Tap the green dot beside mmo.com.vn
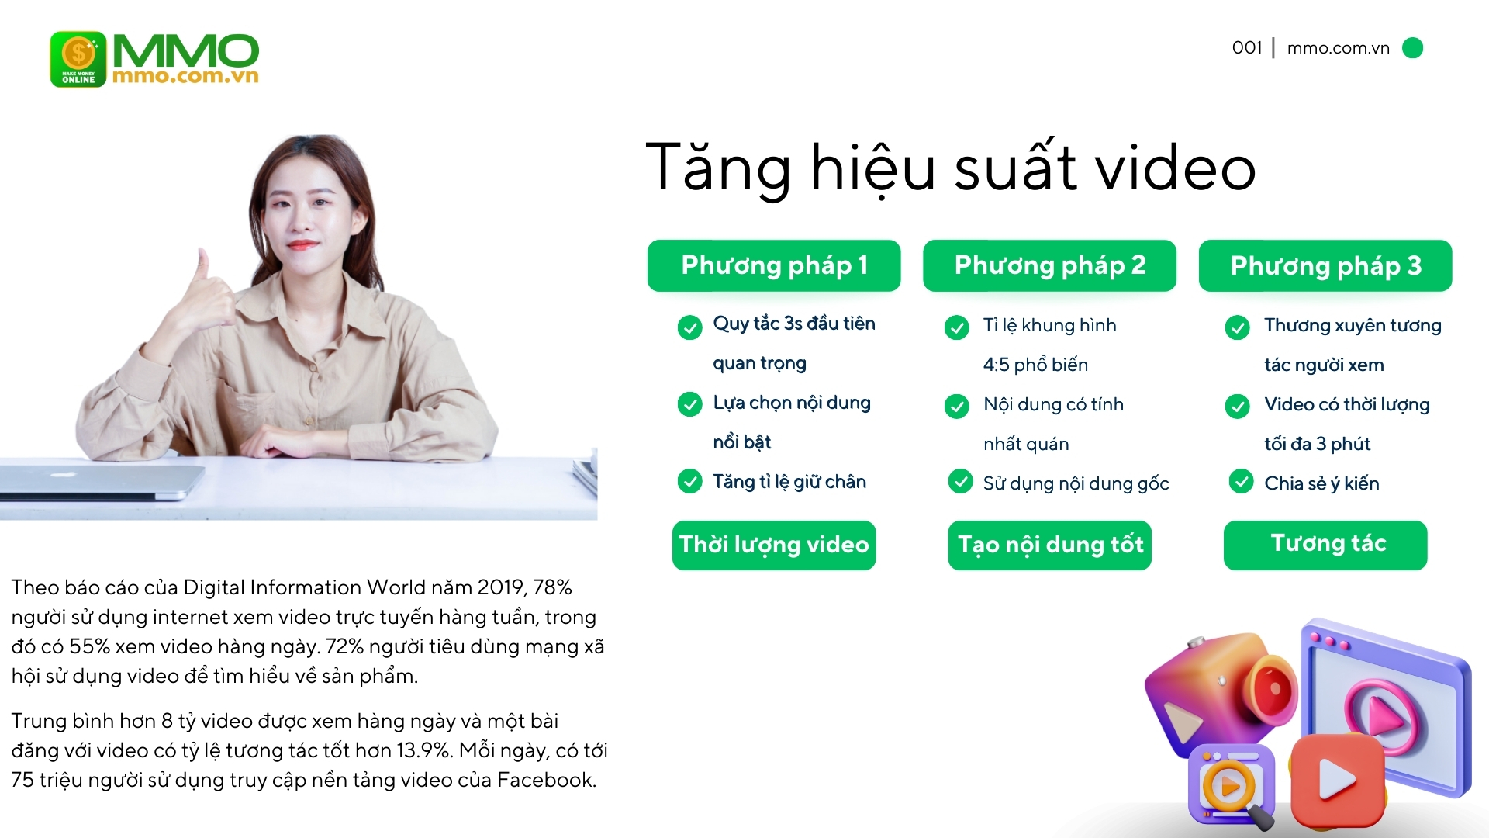(1413, 48)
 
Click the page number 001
(1247, 48)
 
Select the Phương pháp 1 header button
(774, 265)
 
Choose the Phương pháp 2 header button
(1049, 265)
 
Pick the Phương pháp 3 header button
(1325, 265)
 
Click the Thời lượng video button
(774, 545)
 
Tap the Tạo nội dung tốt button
(1049, 545)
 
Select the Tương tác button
(1325, 545)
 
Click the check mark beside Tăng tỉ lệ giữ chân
(689, 482)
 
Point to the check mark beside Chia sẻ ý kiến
(1241, 482)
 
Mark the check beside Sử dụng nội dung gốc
(960, 482)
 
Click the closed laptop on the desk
(101, 481)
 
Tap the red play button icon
(1338, 780)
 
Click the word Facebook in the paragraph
(546, 780)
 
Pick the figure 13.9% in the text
(424, 750)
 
